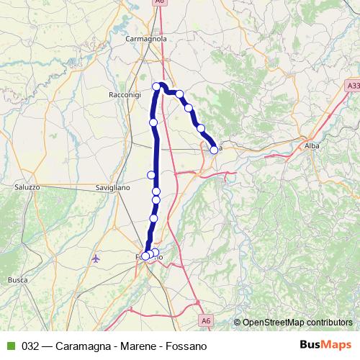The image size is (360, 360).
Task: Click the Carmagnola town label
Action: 145,38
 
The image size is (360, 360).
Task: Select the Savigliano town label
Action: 112,187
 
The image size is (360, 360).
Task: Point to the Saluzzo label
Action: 27,186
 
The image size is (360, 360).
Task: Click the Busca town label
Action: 17,279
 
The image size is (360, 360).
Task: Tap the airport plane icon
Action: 96,258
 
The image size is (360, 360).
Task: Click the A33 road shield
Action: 352,86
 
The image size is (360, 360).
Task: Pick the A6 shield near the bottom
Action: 206,320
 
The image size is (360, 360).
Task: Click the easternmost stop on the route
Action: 214,150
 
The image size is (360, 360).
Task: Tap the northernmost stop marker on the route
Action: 156,86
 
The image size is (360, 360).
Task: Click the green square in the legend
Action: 10,346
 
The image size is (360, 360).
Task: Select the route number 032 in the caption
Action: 31,346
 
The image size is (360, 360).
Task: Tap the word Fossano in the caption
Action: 186,346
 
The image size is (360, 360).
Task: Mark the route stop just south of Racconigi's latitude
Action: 153,122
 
